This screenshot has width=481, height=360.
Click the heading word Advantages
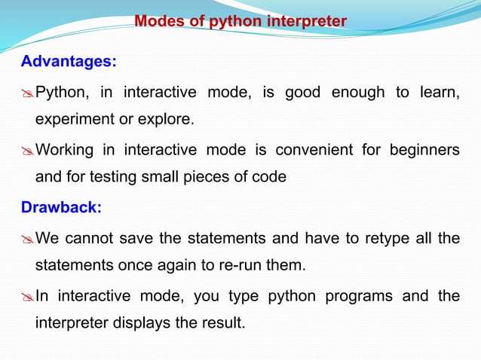click(68, 61)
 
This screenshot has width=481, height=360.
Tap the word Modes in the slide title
click(158, 21)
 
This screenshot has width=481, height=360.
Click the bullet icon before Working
click(27, 150)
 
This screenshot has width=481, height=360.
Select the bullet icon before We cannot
click(27, 239)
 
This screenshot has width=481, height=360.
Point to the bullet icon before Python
click(27, 93)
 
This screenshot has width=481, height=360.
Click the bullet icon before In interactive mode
click(27, 297)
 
